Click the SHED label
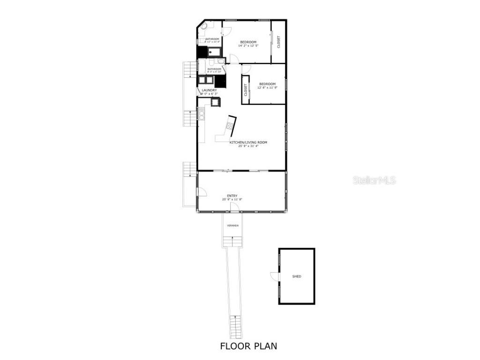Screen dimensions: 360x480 pyautogui.click(x=297, y=277)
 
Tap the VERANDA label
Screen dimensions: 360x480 pyautogui.click(x=232, y=225)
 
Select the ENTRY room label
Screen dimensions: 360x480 pyautogui.click(x=232, y=196)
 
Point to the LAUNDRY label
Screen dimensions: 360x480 pyautogui.click(x=209, y=90)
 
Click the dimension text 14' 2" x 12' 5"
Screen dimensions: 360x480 pyautogui.click(x=248, y=46)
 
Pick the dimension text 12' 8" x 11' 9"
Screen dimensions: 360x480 pyautogui.click(x=267, y=88)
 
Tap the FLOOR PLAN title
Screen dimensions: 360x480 pyautogui.click(x=248, y=346)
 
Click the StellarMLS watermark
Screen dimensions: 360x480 pyautogui.click(x=374, y=180)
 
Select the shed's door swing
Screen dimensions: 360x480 pyautogui.click(x=274, y=277)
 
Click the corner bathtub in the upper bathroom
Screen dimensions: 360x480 pyautogui.click(x=204, y=26)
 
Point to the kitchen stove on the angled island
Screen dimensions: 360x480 pyautogui.click(x=230, y=125)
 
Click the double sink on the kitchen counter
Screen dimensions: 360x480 pyautogui.click(x=202, y=114)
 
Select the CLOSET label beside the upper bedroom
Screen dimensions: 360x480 pyautogui.click(x=279, y=42)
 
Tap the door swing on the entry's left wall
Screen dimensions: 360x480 pyautogui.click(x=202, y=192)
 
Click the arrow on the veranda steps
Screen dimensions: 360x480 pyautogui.click(x=232, y=240)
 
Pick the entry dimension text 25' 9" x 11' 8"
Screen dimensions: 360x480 pyautogui.click(x=232, y=200)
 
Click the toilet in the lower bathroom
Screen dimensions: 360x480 pyautogui.click(x=221, y=61)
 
